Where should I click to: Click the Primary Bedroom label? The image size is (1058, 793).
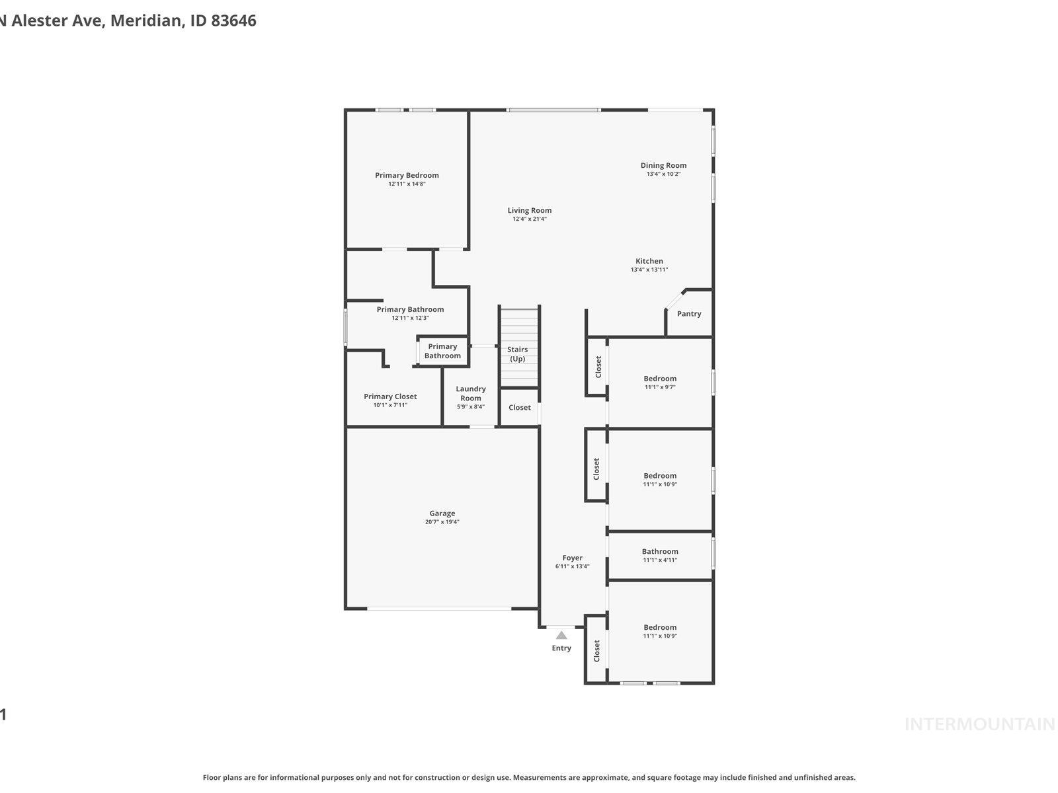(x=407, y=175)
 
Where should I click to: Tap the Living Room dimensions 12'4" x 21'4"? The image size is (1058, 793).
(x=530, y=219)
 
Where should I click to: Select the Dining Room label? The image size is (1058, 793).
(x=663, y=165)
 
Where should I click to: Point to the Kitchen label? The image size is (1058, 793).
(x=649, y=261)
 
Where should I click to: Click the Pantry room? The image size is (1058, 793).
(x=689, y=314)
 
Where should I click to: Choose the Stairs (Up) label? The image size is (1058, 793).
(x=518, y=354)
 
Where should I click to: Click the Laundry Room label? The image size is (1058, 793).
(x=471, y=393)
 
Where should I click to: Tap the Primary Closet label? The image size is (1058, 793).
(x=390, y=397)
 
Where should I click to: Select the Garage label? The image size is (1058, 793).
(x=442, y=513)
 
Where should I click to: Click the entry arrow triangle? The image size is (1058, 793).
(x=561, y=635)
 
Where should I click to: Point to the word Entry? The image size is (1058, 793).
(x=561, y=648)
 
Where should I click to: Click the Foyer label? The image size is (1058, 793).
(x=573, y=558)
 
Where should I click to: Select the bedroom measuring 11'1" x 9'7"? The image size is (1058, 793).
(x=660, y=383)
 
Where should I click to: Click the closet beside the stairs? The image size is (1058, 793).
(x=519, y=407)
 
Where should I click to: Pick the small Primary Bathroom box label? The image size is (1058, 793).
(x=442, y=351)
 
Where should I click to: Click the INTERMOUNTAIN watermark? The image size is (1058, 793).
(x=979, y=724)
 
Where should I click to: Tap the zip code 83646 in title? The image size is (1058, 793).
(x=233, y=20)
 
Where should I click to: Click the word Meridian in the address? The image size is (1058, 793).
(x=145, y=20)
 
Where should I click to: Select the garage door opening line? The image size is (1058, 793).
(x=439, y=609)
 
